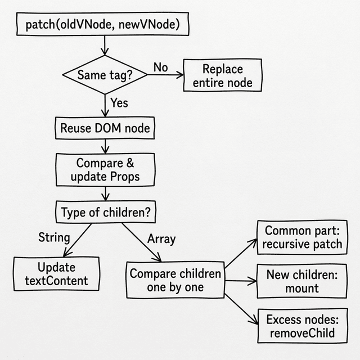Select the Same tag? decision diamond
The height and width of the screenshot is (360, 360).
[105, 75]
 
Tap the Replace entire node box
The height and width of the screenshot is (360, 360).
[223, 76]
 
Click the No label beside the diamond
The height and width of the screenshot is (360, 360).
[161, 67]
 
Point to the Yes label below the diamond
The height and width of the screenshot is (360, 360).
[119, 103]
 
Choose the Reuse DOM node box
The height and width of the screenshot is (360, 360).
[105, 128]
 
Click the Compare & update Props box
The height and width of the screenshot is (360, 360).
[105, 170]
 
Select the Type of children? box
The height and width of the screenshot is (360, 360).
[105, 212]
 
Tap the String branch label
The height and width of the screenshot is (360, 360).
[54, 237]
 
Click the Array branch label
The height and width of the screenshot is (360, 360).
[161, 238]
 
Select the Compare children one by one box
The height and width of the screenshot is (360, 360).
[175, 280]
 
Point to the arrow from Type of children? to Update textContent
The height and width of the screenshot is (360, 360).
[77, 240]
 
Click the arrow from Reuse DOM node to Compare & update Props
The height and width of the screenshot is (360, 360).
[105, 145]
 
